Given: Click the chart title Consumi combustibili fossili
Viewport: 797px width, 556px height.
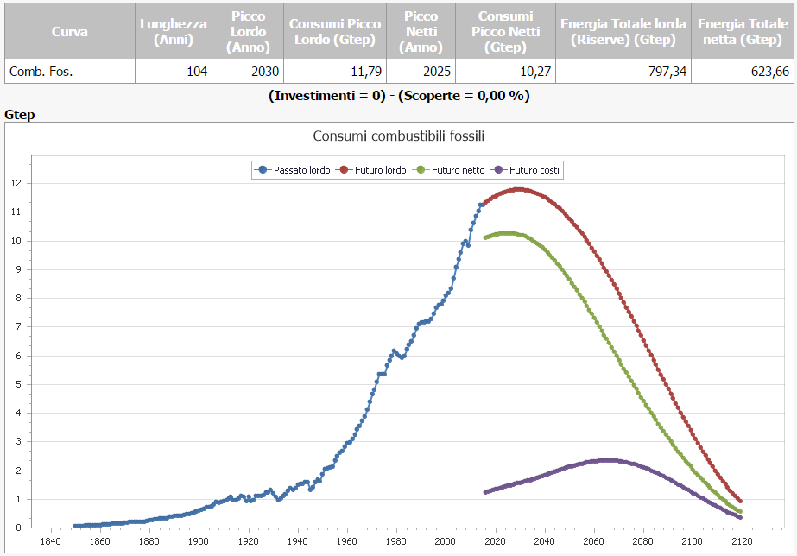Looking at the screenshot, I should coord(399,136).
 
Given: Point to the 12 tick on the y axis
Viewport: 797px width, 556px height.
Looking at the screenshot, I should coord(16,183).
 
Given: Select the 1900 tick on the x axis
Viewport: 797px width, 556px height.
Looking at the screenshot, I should coord(199,541).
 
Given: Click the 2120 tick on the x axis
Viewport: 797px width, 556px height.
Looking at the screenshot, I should coord(741,541).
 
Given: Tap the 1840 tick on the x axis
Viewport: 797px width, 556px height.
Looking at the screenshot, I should coord(50,541).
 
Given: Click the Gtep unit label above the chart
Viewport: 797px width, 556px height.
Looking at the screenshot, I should coord(19,114).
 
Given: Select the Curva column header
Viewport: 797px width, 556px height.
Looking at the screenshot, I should coord(69,32).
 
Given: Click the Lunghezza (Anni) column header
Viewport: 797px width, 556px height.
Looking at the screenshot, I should coord(174,32).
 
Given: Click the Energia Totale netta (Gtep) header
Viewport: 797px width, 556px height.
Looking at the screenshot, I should coord(743,32).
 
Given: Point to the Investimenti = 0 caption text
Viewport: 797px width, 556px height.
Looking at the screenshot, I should coord(327,95).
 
